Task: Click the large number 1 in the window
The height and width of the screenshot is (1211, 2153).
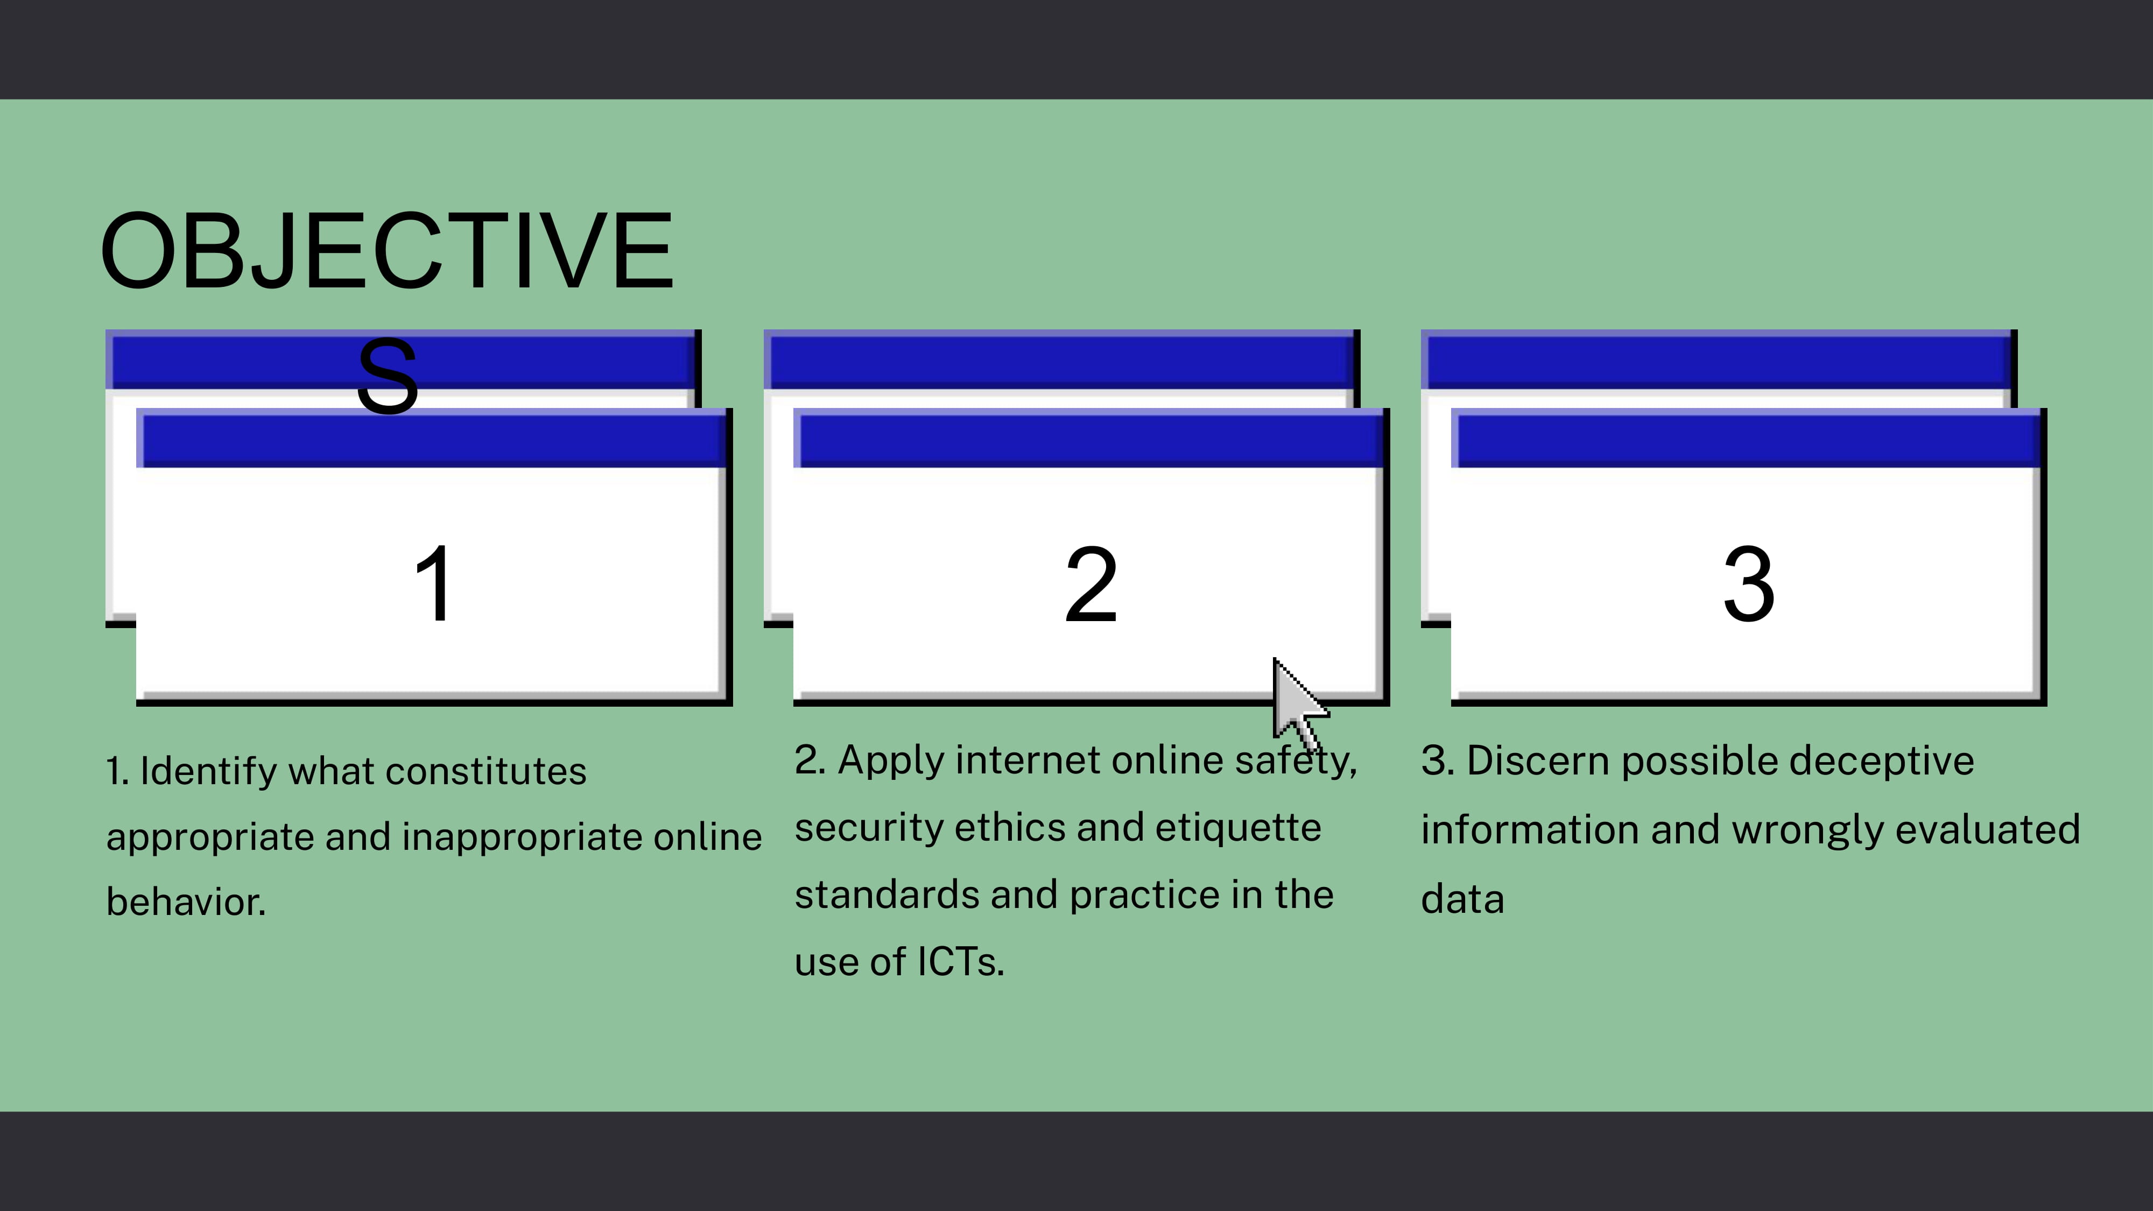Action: [434, 583]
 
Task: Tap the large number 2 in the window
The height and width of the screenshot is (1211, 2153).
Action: [1090, 583]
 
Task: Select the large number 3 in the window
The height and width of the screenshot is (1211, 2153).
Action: [1748, 583]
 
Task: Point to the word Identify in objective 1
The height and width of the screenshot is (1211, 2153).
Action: [208, 771]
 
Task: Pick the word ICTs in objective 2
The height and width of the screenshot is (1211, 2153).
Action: [960, 962]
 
